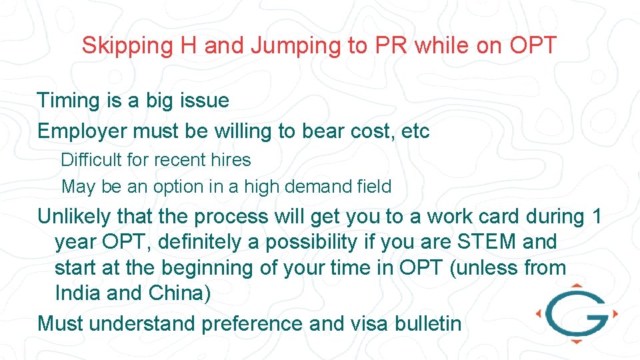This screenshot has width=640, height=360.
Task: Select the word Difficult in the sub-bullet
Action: click(89, 160)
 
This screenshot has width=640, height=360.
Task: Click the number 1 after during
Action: click(596, 217)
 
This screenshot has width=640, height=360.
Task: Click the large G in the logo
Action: click(574, 313)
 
